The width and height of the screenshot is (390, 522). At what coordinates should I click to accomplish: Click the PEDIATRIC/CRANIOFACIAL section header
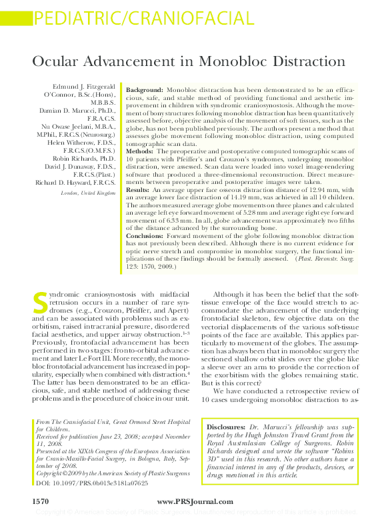(143, 19)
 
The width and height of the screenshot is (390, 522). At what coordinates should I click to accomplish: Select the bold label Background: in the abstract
(145, 89)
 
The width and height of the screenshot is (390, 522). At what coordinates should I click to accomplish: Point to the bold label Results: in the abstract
(139, 190)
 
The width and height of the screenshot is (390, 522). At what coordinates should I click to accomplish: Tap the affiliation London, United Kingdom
(88, 193)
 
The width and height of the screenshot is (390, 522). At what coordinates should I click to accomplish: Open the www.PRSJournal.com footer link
(195, 501)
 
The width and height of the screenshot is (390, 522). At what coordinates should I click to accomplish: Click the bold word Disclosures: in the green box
(227, 425)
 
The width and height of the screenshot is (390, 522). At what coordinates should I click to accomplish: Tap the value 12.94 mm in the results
(322, 190)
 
